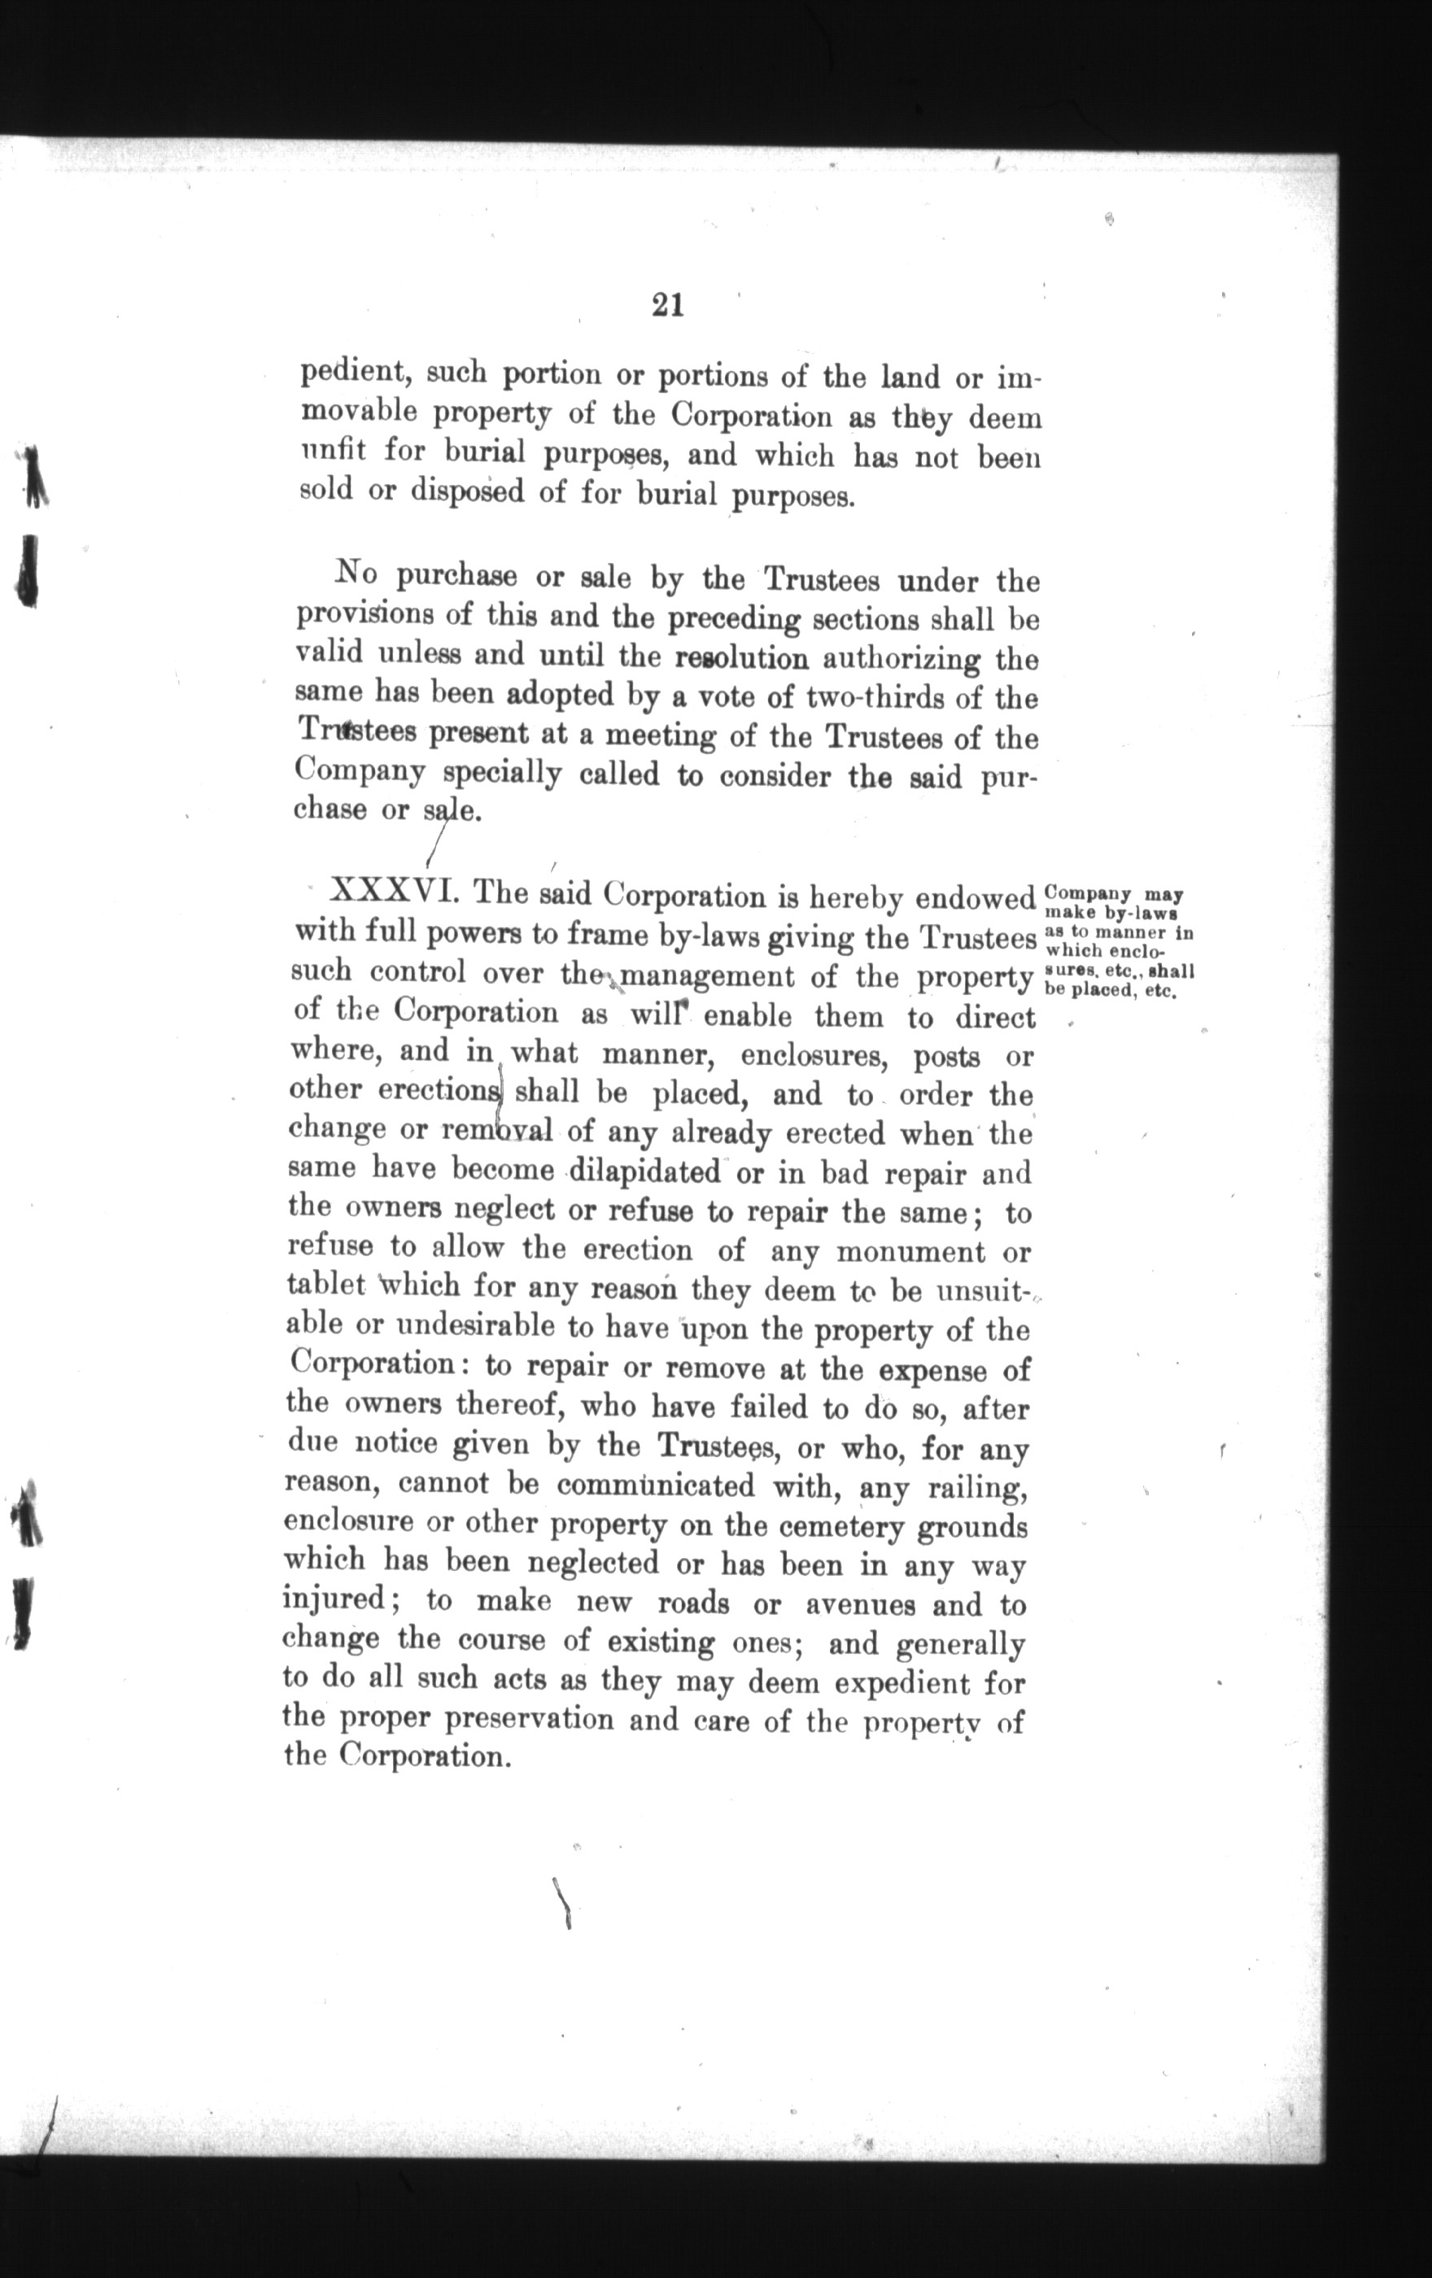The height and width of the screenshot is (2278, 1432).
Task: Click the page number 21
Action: click(668, 306)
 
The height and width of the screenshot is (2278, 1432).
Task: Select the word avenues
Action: click(860, 1605)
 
